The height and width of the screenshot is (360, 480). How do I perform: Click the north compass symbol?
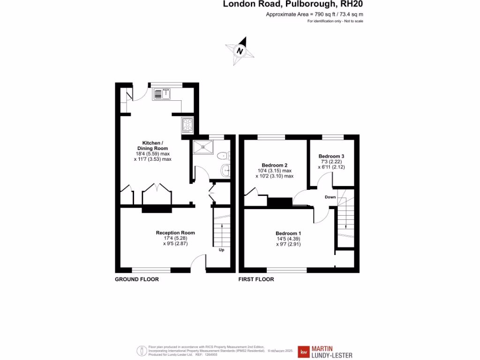click(240, 50)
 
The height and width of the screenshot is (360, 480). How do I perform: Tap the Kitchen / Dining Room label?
click(152, 145)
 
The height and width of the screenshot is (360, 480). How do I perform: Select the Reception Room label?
click(175, 232)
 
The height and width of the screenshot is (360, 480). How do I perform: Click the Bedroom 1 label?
click(288, 233)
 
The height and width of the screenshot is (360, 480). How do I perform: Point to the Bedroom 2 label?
click(274, 165)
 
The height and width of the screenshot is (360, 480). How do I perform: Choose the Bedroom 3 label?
click(331, 156)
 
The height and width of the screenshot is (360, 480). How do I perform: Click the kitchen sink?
click(162, 94)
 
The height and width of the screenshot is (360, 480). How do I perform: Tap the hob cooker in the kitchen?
click(187, 124)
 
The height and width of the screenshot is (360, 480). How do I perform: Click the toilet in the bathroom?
click(223, 155)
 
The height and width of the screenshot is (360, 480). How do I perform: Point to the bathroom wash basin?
click(225, 170)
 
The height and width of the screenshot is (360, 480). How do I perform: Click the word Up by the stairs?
click(221, 250)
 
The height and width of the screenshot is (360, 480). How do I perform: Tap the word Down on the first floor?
click(330, 197)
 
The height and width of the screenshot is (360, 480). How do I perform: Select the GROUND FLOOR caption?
click(137, 279)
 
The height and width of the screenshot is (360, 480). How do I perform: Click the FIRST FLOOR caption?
click(256, 279)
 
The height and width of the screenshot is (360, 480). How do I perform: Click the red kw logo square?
click(304, 352)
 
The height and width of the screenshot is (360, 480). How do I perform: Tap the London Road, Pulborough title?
click(292, 5)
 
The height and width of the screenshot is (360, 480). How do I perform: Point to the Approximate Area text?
click(315, 15)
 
